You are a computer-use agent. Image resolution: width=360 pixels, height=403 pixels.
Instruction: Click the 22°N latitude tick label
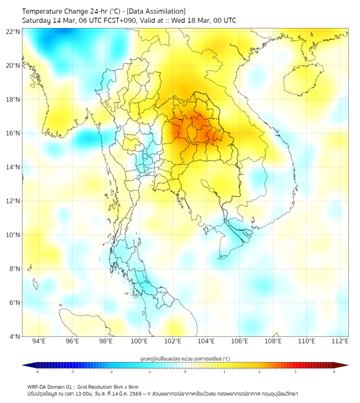[x=13, y=31]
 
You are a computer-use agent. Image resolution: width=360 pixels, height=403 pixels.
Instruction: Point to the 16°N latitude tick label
[x=13, y=133]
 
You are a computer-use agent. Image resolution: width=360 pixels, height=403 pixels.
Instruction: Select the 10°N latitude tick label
[x=13, y=235]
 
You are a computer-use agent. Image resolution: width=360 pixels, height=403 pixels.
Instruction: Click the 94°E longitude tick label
[x=39, y=341]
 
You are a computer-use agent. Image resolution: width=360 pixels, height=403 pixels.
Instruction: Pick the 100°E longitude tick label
[x=139, y=341]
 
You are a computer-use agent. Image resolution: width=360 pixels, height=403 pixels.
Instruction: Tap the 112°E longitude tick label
[x=340, y=341]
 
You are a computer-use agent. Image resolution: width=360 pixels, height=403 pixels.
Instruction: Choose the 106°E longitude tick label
[x=240, y=341]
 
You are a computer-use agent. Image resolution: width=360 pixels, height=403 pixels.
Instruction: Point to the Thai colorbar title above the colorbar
[x=185, y=358]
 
